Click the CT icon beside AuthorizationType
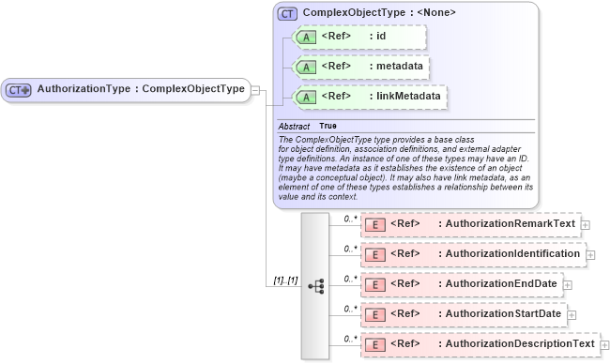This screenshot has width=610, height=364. [19, 90]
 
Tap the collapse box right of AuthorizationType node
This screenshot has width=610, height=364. [256, 90]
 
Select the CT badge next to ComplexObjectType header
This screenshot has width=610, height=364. [287, 15]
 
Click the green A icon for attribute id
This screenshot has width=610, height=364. [306, 38]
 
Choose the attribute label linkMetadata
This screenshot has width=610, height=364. [407, 97]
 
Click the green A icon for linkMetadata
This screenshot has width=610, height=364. [306, 97]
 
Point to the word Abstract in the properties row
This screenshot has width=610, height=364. [294, 126]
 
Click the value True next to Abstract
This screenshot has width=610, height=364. [328, 126]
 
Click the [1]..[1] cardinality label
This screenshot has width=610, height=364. [284, 281]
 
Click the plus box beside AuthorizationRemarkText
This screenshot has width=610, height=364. [586, 225]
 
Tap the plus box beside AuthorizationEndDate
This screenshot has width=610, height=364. [567, 284]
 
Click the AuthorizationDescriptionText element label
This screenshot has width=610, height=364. [520, 344]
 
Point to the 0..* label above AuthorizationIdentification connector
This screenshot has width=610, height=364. [350, 249]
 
